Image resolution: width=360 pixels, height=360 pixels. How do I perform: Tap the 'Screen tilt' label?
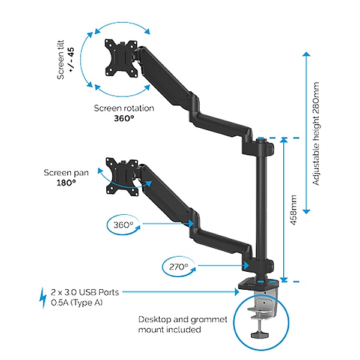click(x=61, y=61)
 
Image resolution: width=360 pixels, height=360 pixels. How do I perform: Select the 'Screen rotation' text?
click(x=124, y=108)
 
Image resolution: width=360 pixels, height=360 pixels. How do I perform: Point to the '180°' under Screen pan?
click(x=66, y=182)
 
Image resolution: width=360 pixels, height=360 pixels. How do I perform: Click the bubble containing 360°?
click(x=124, y=226)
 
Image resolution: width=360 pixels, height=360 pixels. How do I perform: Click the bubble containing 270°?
click(x=178, y=266)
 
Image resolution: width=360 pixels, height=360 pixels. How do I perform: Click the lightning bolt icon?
click(x=43, y=297)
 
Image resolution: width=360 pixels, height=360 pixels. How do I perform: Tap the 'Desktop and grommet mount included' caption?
click(x=183, y=325)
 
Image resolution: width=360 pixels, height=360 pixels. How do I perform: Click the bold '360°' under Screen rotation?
click(x=124, y=118)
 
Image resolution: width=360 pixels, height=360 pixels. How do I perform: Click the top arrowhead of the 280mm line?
click(x=306, y=55)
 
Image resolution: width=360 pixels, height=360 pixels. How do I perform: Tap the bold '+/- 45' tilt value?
click(x=71, y=61)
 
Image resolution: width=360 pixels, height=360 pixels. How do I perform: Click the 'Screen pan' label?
click(x=66, y=173)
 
